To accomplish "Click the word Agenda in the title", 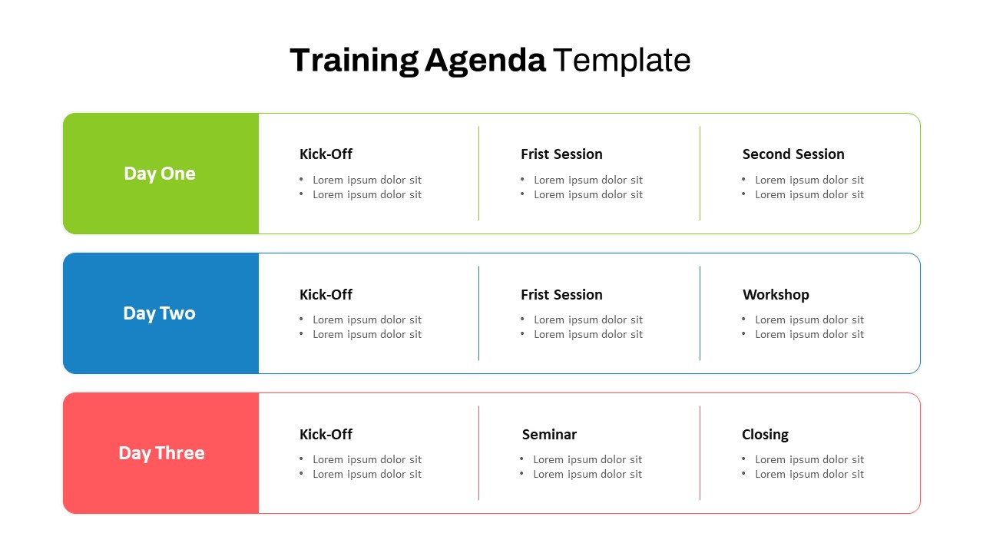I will click(x=485, y=61).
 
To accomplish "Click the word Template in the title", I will click(x=621, y=61).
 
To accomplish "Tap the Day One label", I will click(x=160, y=174).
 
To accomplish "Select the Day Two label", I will click(x=160, y=313).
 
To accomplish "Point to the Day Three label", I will click(x=161, y=453).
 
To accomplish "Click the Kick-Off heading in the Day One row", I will click(x=326, y=154).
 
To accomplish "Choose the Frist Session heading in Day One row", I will click(x=561, y=154).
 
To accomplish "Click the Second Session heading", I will click(x=793, y=154).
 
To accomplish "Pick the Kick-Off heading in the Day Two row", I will click(x=326, y=294).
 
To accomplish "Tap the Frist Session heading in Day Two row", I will click(x=561, y=294).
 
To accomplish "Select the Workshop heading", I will click(x=776, y=294).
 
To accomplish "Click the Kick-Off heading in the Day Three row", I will click(x=326, y=435).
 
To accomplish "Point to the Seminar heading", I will click(x=549, y=435).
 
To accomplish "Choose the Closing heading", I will click(x=765, y=435).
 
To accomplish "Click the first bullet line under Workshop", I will click(x=809, y=320).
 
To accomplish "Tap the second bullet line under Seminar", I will click(x=587, y=474).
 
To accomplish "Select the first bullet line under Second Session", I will click(x=809, y=180).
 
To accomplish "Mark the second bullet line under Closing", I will click(x=809, y=474).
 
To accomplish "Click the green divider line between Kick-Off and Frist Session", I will click(x=478, y=174).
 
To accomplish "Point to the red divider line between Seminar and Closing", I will click(x=700, y=453).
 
